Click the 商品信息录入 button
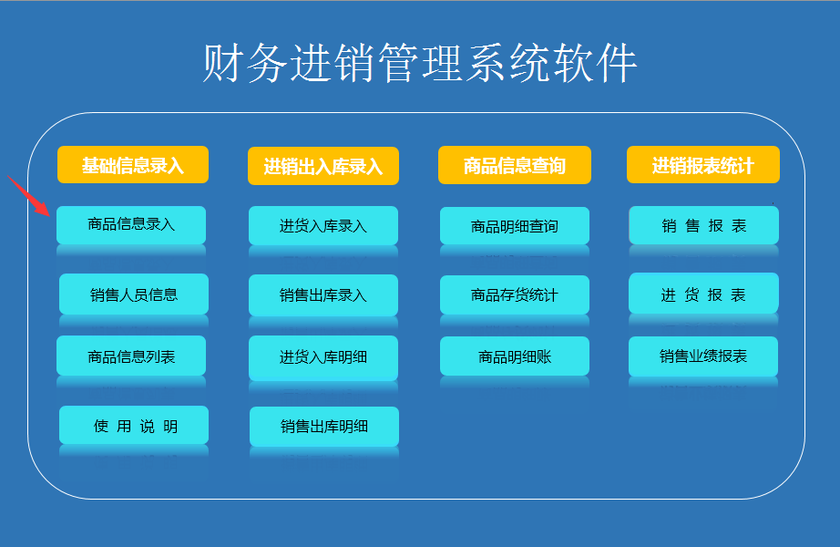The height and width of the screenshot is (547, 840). pyautogui.click(x=131, y=224)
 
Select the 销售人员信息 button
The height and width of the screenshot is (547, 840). pyautogui.click(x=134, y=294)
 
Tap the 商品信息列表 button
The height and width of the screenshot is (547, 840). pyautogui.click(x=131, y=356)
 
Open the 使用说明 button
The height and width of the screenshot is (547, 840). pyautogui.click(x=134, y=425)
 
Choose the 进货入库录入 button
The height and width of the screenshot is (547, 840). pyautogui.click(x=323, y=225)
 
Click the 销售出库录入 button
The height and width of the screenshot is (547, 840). pyautogui.click(x=323, y=295)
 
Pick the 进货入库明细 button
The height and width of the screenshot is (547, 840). pyautogui.click(x=323, y=357)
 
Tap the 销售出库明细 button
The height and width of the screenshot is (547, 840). pyautogui.click(x=324, y=427)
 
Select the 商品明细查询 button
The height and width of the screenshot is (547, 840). pyautogui.click(x=514, y=226)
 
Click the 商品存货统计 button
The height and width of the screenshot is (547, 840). pyautogui.click(x=514, y=294)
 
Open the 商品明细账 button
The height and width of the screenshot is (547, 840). pyautogui.click(x=514, y=356)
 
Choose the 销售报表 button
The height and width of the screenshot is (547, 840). pyautogui.click(x=703, y=225)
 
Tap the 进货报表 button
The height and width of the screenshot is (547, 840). pyautogui.click(x=703, y=294)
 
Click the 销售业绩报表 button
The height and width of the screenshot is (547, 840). pyautogui.click(x=702, y=356)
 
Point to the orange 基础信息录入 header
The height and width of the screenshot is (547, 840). pyautogui.click(x=133, y=165)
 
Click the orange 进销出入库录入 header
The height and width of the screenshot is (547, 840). pyautogui.click(x=323, y=166)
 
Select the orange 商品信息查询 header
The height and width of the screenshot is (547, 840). pyautogui.click(x=514, y=165)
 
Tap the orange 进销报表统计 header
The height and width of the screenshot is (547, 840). pyautogui.click(x=702, y=165)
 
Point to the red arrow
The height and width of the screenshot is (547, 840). pyautogui.click(x=29, y=196)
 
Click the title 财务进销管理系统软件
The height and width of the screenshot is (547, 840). pyautogui.click(x=420, y=63)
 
